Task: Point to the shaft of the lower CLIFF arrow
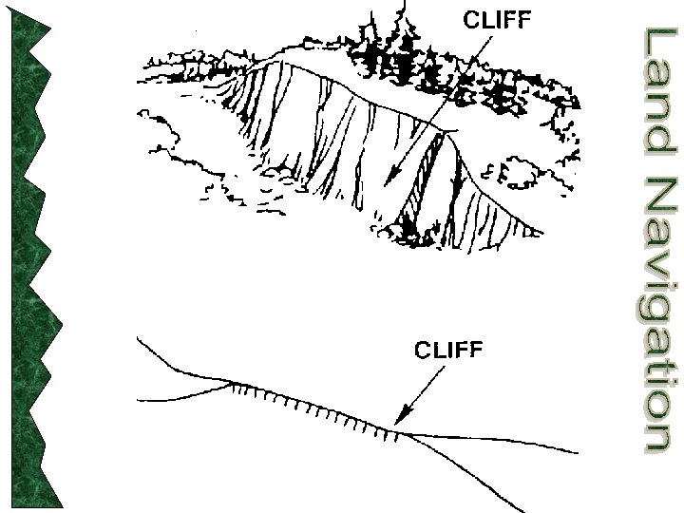pyautogui.click(x=424, y=390)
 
